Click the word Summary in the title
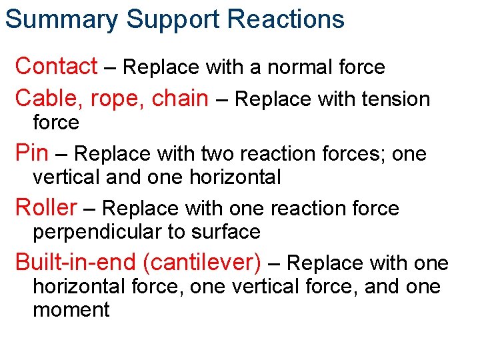61,19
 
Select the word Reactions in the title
286,19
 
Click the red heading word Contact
56,66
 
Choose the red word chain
180,98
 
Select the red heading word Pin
31,153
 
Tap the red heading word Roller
46,208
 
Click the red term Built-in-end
79,262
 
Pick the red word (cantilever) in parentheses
206,263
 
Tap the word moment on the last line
71,310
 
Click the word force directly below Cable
56,122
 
